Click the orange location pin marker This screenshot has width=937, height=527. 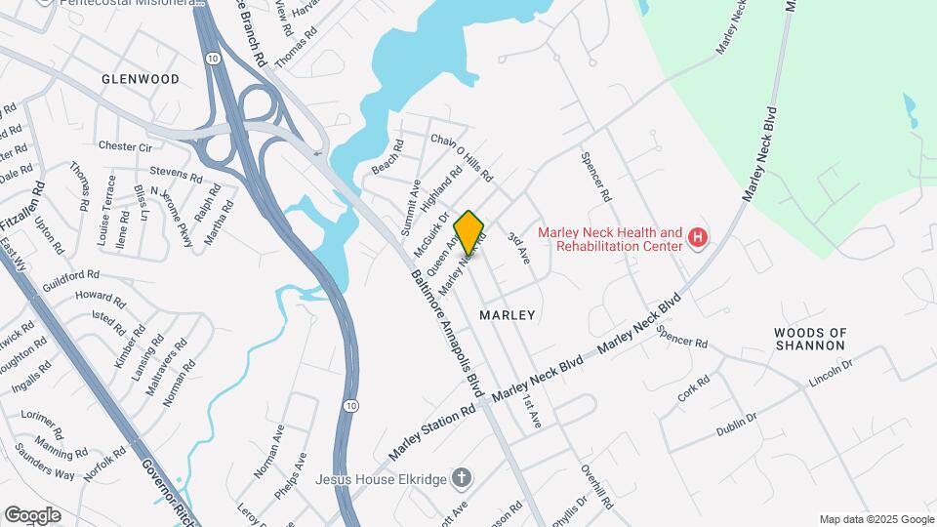tap(469, 232)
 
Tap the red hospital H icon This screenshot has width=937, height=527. tap(697, 237)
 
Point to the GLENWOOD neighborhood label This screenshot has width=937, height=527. tap(141, 78)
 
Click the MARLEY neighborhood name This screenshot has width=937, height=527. tap(508, 315)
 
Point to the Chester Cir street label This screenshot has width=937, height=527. tap(126, 146)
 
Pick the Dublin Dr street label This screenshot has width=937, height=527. tap(737, 425)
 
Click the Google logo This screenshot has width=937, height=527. tap(32, 515)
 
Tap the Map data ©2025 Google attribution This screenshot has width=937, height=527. tap(876, 519)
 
